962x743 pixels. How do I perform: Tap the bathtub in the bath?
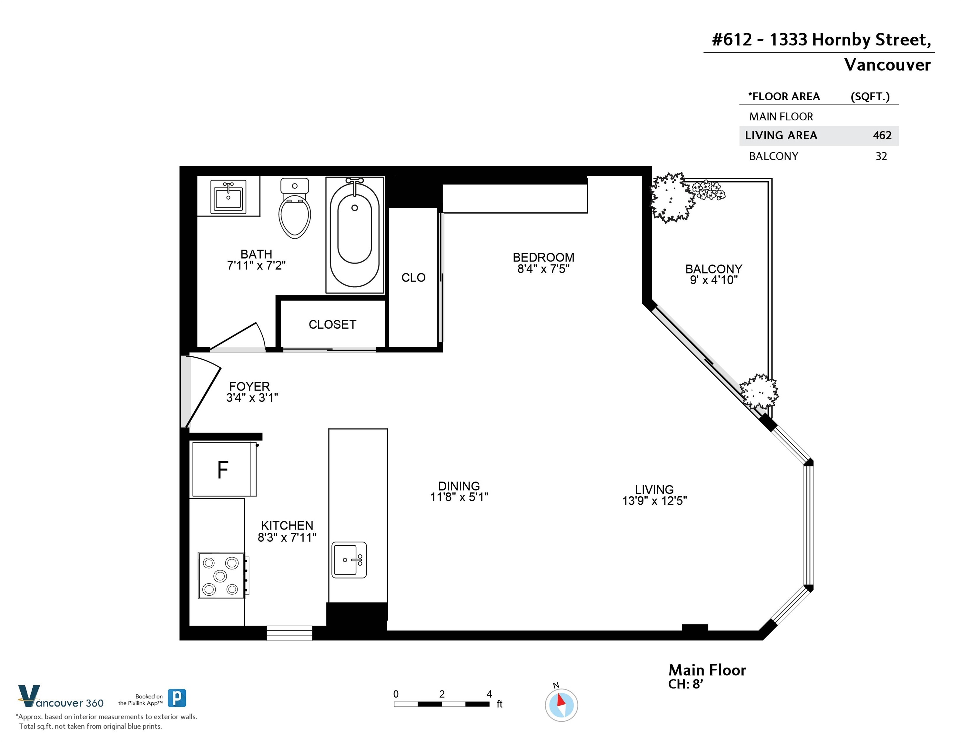355,235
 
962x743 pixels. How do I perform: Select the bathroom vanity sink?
228,197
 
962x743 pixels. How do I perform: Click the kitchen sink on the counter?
349,560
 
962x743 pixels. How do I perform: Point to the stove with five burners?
222,575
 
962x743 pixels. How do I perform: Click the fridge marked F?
224,469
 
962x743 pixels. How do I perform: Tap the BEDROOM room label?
543,257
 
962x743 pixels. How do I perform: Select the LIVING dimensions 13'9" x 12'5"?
654,501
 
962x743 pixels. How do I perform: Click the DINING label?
459,486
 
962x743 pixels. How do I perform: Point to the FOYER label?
249,386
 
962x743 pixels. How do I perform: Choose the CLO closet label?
414,278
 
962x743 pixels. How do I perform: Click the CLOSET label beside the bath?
333,324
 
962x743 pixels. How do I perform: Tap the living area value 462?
882,135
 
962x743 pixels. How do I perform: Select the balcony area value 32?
881,156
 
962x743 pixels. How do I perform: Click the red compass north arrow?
561,700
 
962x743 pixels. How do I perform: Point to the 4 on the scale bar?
489,694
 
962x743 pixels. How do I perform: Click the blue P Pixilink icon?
177,698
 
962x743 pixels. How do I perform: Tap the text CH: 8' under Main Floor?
686,684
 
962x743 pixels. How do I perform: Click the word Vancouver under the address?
887,65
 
